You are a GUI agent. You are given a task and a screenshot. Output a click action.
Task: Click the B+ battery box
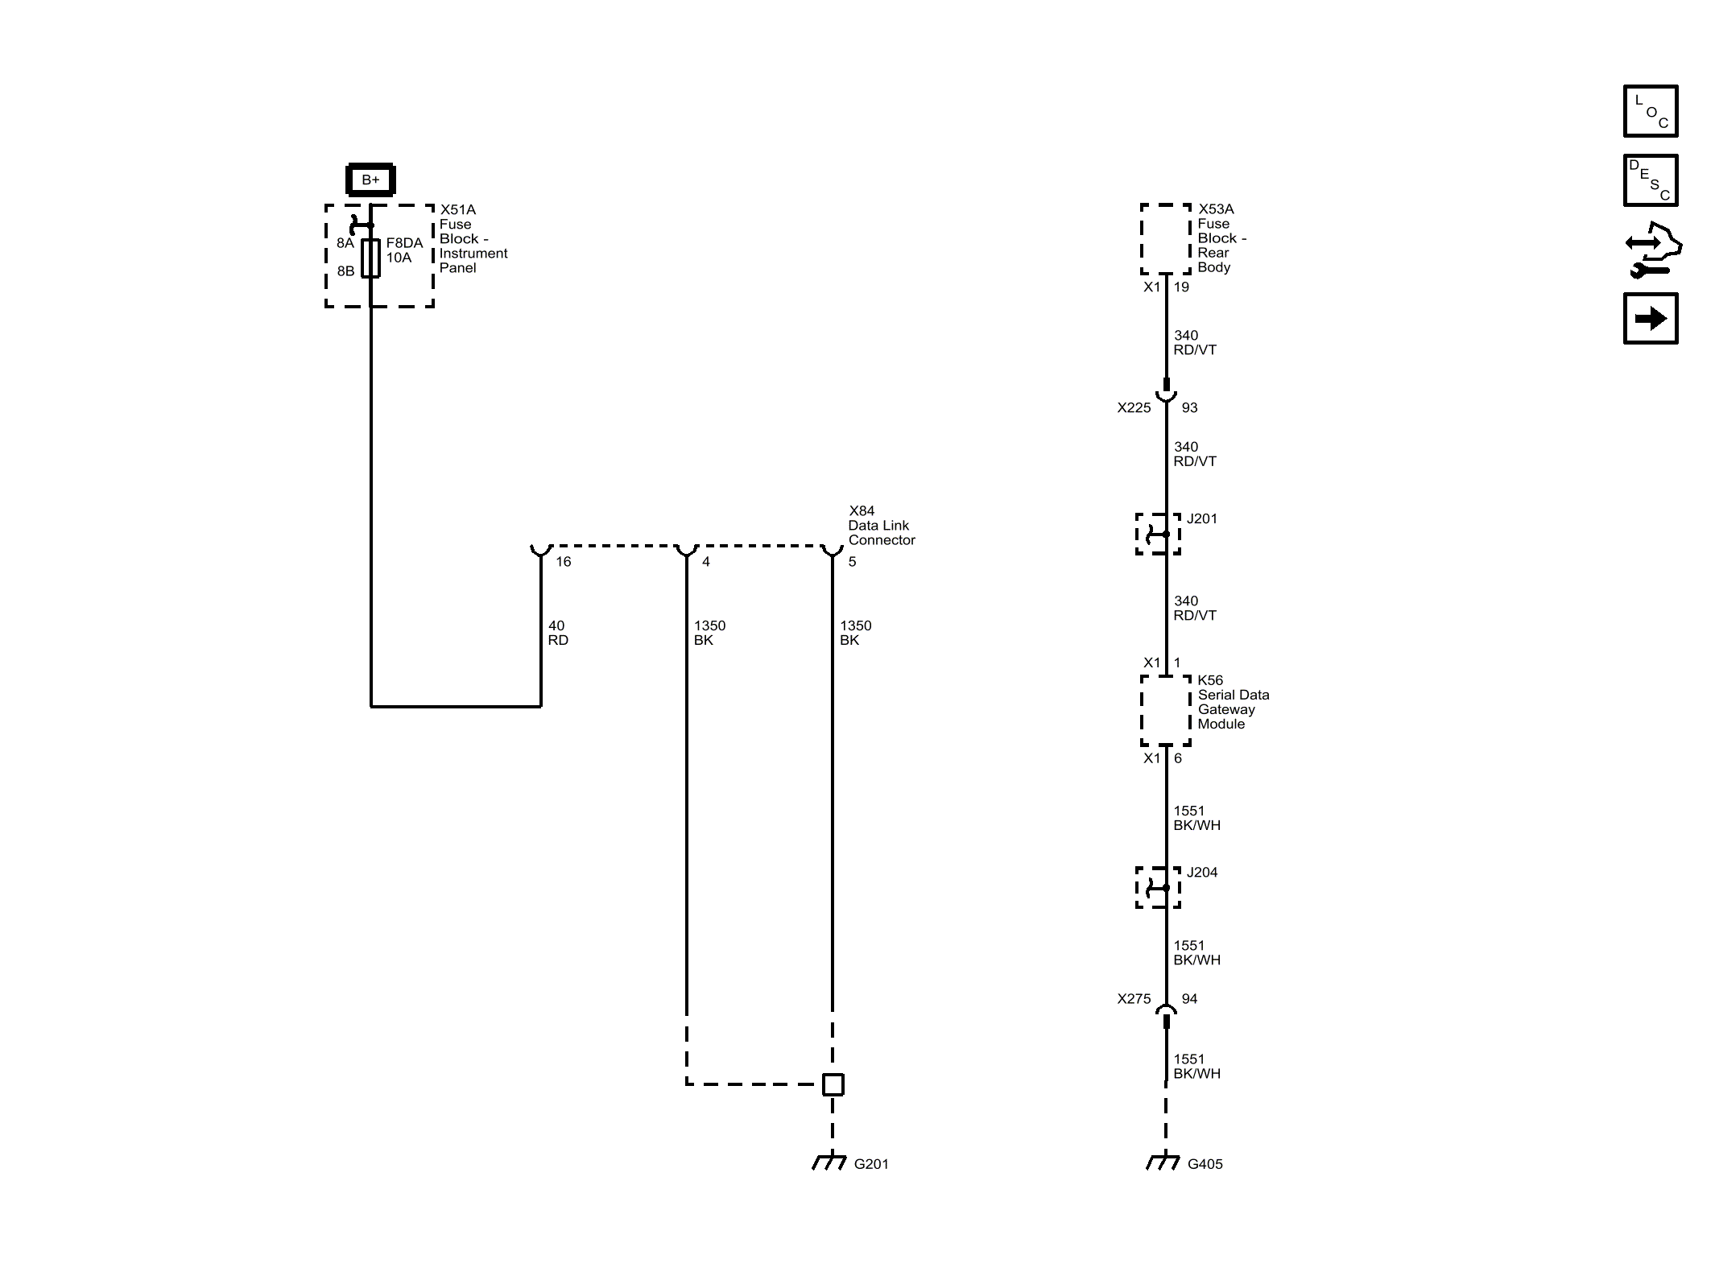[x=370, y=180]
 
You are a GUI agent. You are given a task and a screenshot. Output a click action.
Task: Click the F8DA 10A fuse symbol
[x=370, y=258]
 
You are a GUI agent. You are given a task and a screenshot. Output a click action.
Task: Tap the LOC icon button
[x=1651, y=111]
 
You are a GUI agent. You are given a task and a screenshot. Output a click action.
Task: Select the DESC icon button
[x=1651, y=180]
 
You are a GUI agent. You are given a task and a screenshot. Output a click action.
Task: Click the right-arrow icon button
[x=1651, y=319]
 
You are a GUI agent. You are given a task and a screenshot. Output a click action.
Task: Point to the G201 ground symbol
[x=830, y=1162]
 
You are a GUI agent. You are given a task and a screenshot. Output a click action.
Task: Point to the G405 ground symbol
[x=1163, y=1162]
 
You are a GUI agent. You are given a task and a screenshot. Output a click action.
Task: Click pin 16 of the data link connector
[x=541, y=551]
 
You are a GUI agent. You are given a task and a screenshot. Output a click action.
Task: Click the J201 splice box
[x=1158, y=534]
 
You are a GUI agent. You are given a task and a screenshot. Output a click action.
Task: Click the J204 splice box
[x=1158, y=887]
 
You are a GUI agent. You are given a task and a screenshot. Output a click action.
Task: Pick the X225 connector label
[x=1134, y=408]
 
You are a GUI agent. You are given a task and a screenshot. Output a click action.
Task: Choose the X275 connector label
[x=1134, y=999]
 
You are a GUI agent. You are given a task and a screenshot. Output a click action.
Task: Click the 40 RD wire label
[x=557, y=633]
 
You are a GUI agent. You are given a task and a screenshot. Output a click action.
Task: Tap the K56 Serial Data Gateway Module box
[x=1165, y=710]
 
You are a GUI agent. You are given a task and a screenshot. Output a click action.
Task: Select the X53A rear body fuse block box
[x=1165, y=239]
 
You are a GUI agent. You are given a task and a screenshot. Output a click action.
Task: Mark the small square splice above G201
[x=833, y=1084]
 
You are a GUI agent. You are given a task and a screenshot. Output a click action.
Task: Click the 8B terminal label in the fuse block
[x=345, y=271]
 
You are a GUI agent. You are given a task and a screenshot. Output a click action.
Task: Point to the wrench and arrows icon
[x=1652, y=250]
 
